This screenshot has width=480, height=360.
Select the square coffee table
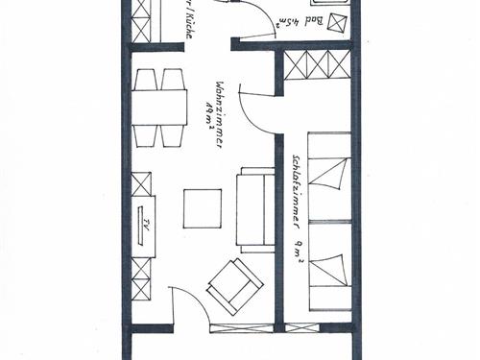click(204, 208)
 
